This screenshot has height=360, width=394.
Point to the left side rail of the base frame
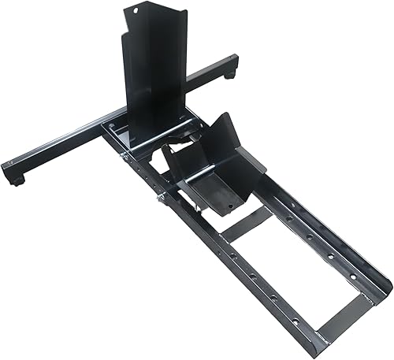229,268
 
